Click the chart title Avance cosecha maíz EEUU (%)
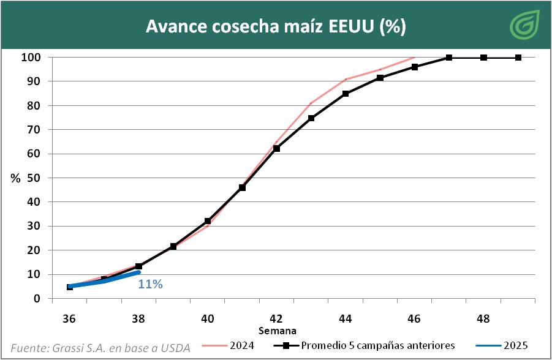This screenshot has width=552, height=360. [276, 27]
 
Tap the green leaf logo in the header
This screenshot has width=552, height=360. [525, 24]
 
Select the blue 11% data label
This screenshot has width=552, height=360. [150, 284]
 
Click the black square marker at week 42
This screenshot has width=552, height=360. [276, 148]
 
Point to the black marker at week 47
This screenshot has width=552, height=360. [449, 58]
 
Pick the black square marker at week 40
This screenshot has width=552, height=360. [208, 221]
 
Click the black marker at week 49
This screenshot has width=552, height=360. [518, 58]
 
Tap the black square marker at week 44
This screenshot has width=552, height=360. [346, 94]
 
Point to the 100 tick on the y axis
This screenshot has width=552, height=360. [31, 58]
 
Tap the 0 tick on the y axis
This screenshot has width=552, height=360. [38, 299]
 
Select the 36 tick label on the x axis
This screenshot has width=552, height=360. [69, 318]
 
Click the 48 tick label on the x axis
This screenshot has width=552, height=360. [483, 318]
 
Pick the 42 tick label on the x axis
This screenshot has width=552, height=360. [276, 318]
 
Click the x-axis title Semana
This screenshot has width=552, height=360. [276, 331]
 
